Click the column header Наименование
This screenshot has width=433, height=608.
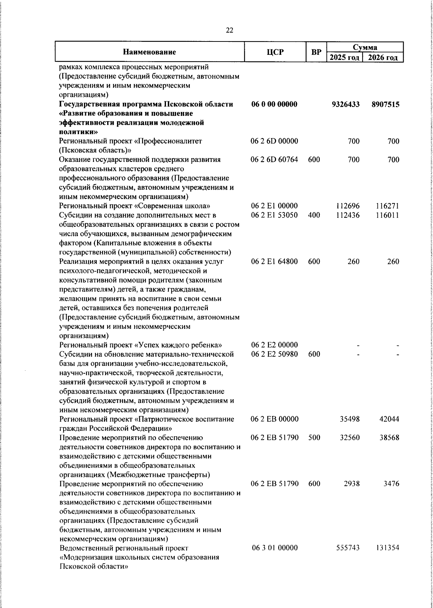coord(149,52)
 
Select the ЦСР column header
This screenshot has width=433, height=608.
coord(275,52)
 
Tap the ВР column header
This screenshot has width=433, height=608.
coord(316,52)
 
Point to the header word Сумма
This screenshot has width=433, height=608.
coord(365,47)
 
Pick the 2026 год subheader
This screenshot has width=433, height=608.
coord(383,58)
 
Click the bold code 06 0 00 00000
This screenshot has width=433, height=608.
coord(274,105)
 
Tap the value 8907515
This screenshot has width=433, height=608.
coord(385,105)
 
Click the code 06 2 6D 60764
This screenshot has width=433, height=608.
coord(275,160)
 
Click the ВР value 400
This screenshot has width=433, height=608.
coord(314,216)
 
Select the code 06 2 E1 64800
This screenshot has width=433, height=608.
coord(275,262)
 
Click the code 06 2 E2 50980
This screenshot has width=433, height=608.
coord(275,354)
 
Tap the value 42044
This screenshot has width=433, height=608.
coord(389,419)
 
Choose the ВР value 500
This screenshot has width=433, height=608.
coord(314,438)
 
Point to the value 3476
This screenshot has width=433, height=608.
coord(392,484)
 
